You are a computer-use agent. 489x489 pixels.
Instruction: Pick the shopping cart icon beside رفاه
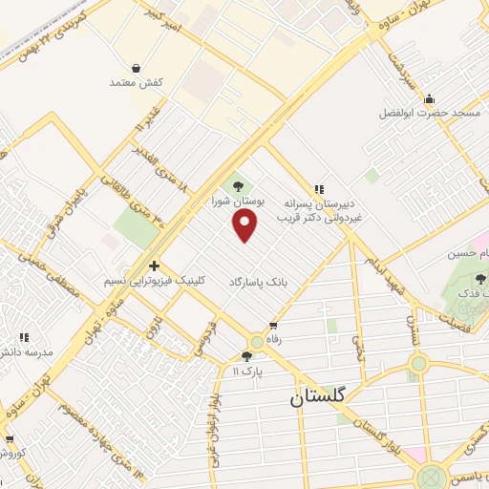[x=275, y=326]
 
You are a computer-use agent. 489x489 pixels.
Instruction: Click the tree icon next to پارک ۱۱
[x=246, y=355]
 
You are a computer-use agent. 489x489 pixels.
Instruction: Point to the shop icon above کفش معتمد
[x=139, y=69]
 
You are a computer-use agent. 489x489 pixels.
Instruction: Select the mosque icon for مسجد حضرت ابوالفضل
[x=430, y=97]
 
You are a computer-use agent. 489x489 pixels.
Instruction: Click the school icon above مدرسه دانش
[x=25, y=337]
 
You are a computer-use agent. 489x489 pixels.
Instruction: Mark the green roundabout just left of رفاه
[x=256, y=341]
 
